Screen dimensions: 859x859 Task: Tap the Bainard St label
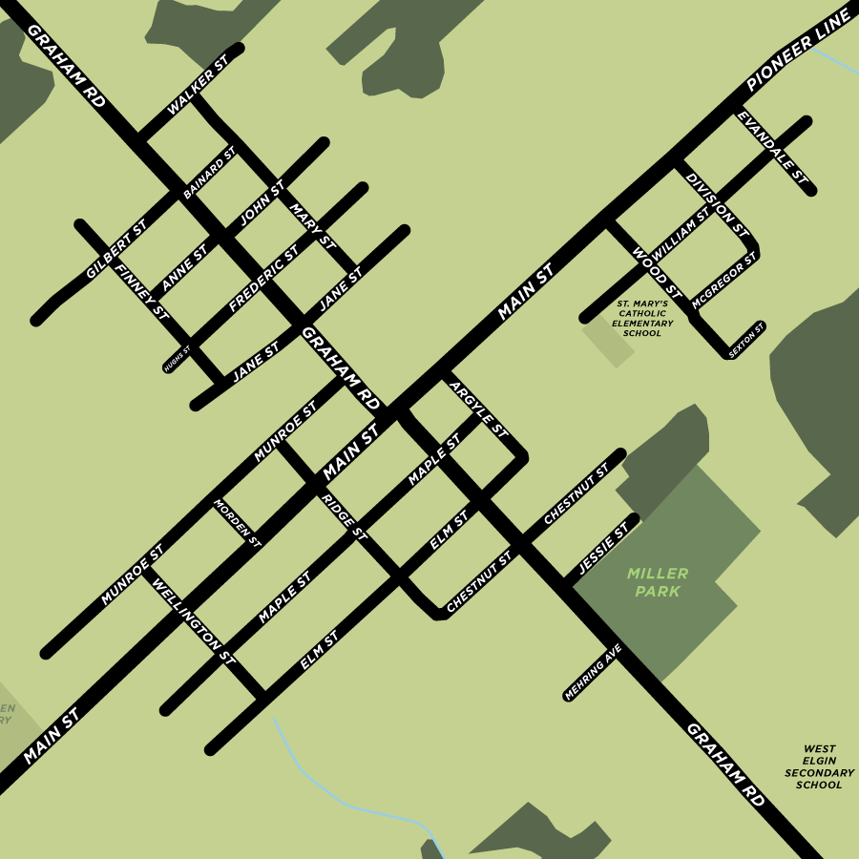209,173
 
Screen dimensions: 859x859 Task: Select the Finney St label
141,291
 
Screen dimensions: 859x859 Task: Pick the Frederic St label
263,278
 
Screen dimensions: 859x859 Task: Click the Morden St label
237,522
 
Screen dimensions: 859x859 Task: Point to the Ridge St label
344,516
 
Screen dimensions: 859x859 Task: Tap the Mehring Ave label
593,671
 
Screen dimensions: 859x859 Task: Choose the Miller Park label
658,582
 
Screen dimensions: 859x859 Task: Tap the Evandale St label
772,148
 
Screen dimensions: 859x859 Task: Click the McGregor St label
724,281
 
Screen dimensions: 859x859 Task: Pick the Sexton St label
746,340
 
